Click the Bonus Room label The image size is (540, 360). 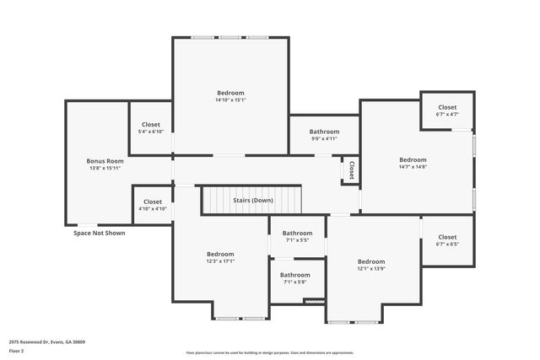[105, 160]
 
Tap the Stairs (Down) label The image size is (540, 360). [252, 201]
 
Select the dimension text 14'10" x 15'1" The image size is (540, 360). [230, 100]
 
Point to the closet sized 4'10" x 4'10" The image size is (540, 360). [152, 205]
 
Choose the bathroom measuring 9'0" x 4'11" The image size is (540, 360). [324, 136]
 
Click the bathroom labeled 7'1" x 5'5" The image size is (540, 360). [296, 237]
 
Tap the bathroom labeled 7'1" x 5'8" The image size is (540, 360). [295, 278]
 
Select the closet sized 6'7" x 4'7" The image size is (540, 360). [446, 110]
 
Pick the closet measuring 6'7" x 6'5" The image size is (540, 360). [446, 240]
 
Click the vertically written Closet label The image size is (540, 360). [351, 169]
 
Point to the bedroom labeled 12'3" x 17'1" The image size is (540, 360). [220, 257]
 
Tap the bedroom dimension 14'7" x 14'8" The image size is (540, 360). [413, 167]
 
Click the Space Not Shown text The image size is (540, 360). [100, 233]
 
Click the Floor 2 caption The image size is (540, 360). [17, 351]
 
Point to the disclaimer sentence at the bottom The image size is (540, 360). [269, 352]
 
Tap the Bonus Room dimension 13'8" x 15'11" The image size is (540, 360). [105, 168]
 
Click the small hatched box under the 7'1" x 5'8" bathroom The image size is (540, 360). [314, 300]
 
